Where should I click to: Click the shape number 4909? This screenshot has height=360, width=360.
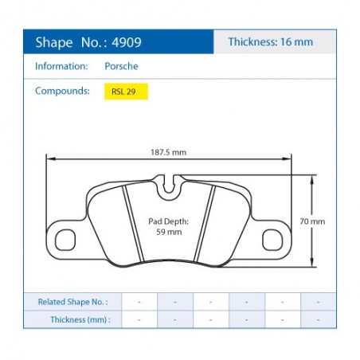127,42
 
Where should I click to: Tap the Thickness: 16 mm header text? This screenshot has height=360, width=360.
271,42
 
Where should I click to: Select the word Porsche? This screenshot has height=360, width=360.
121,66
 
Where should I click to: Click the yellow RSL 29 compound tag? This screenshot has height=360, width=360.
126,92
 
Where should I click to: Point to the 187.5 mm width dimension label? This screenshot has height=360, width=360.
169,152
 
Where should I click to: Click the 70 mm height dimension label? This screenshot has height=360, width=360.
312,221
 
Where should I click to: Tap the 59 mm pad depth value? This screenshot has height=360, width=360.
169,232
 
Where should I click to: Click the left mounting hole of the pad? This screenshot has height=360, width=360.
65,240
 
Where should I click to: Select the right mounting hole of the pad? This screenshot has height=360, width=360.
272,240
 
